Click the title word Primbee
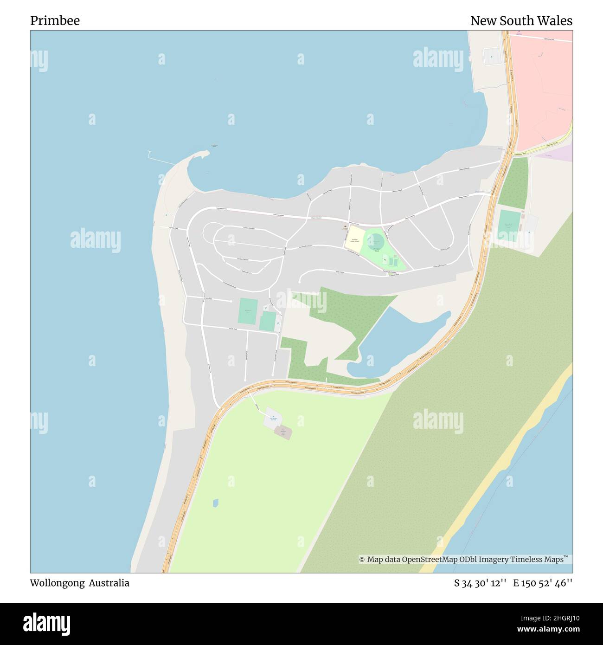55,21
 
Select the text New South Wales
521,21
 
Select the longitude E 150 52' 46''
542,583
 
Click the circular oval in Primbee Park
375,241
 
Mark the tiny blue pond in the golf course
215,503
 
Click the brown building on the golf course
283,432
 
